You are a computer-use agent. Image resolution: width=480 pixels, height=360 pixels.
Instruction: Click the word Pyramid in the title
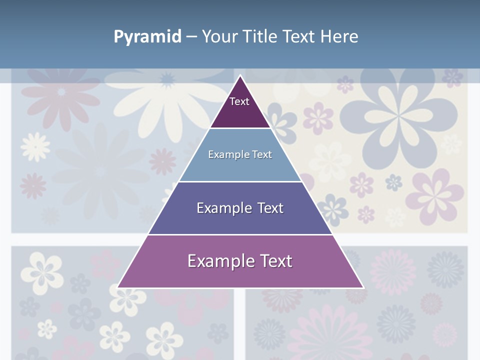coord(147,37)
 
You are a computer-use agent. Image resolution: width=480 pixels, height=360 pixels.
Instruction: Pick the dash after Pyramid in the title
coord(191,37)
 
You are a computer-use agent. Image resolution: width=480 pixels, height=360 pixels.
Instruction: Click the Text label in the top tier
coord(239,101)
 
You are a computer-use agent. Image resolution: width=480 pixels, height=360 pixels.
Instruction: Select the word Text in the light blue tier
coord(262,154)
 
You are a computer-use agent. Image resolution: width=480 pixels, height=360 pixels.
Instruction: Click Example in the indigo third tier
coord(223,208)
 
